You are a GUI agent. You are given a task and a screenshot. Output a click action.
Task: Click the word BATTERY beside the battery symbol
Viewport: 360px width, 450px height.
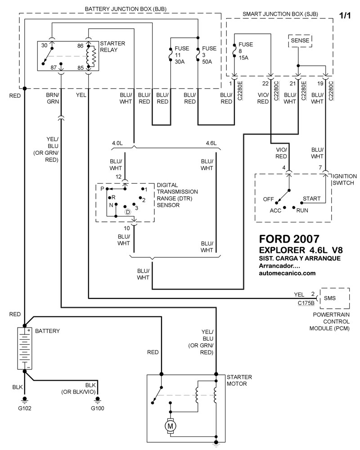[47, 331]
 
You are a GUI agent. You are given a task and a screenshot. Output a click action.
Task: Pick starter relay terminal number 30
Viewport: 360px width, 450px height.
[44, 46]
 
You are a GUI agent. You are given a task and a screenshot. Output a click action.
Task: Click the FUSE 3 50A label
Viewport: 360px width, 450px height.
[209, 55]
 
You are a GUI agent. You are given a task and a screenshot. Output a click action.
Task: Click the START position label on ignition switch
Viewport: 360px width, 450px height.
[311, 198]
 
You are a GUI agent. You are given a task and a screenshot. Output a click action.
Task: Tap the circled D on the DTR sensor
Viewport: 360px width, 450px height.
[128, 211]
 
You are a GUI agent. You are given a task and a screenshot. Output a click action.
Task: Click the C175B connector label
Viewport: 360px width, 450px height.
[306, 303]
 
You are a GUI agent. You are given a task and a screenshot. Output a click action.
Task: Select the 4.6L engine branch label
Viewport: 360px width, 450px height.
[211, 143]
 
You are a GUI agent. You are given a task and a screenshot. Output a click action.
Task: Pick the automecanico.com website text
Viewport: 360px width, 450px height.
[288, 273]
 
